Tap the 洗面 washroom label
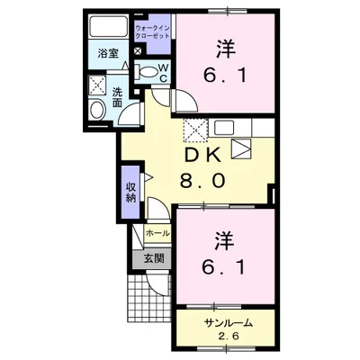pyautogui.click(x=119, y=97)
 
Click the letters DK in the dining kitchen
pyautogui.click(x=204, y=156)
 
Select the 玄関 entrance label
pyautogui.click(x=153, y=258)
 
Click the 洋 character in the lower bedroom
pyautogui.click(x=222, y=241)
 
